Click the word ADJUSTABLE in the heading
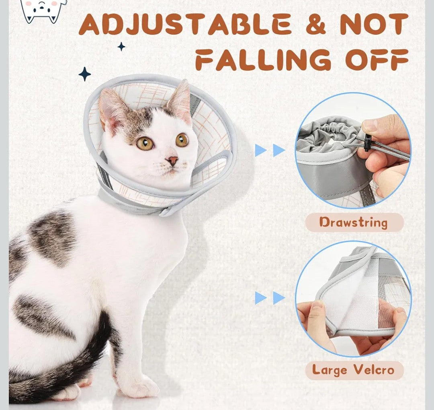185,25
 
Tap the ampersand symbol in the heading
316,25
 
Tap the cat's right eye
182,140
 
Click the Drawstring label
354,222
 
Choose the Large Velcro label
353,370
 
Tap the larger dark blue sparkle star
84,74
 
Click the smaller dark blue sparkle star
121,47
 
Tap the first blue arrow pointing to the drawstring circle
260,150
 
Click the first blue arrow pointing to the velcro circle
260,298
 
